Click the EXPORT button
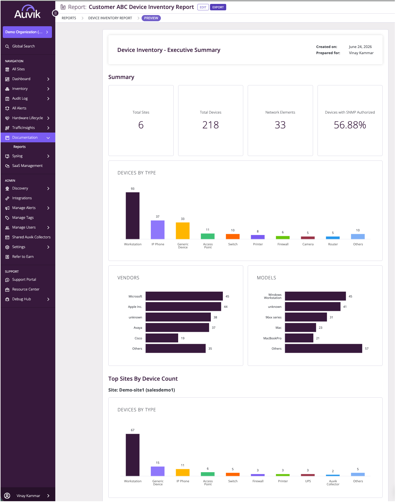click(x=218, y=7)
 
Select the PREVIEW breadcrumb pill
click(x=151, y=18)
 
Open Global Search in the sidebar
click(x=23, y=46)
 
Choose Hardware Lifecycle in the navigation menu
click(x=27, y=118)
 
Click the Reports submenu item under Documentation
click(x=20, y=147)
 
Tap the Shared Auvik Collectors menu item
click(x=31, y=237)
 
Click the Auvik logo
click(x=27, y=12)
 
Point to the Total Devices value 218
click(x=211, y=125)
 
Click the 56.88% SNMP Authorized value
click(x=350, y=125)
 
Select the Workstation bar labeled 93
click(x=133, y=216)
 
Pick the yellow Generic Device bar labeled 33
click(x=183, y=231)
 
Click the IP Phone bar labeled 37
click(x=158, y=230)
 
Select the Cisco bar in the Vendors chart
click(x=162, y=338)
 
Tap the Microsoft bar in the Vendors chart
click(x=184, y=296)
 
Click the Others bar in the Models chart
click(x=324, y=349)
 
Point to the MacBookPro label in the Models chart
click(x=272, y=338)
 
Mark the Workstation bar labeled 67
click(x=133, y=455)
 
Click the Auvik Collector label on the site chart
click(x=333, y=483)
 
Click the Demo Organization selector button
click(x=27, y=32)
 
